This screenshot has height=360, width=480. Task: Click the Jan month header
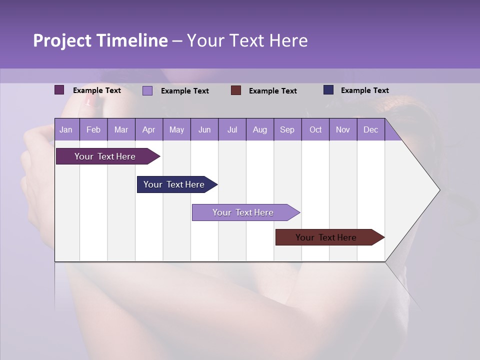[x=66, y=129]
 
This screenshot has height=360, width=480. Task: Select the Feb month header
[x=93, y=129]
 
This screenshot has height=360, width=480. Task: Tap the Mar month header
[x=121, y=129]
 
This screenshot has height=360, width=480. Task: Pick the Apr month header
[x=148, y=129]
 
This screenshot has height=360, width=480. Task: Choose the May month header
[x=176, y=129]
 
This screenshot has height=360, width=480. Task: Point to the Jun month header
[x=204, y=129]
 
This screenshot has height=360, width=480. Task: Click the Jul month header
[x=232, y=129]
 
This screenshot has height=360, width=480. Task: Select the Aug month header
[x=259, y=129]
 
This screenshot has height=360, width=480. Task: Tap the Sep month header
[x=287, y=129]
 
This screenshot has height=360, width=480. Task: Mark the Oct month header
[x=315, y=129]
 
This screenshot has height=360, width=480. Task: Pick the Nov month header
[x=343, y=129]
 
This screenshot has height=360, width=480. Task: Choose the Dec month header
[x=370, y=129]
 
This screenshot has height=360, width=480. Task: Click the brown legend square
[x=236, y=90]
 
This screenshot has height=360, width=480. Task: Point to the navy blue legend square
[x=328, y=90]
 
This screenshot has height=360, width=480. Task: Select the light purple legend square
[x=147, y=90]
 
